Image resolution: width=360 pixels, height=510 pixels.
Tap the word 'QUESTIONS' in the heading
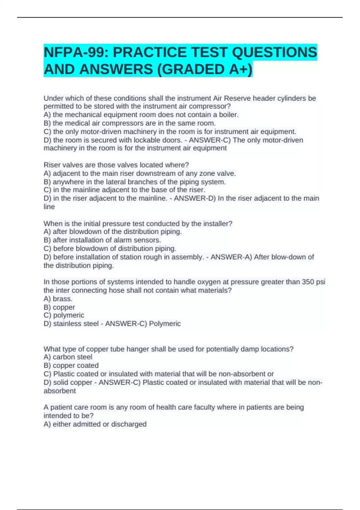[x=274, y=52]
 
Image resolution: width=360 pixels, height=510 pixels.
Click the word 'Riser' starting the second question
[x=51, y=165]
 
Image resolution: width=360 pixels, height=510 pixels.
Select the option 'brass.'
[x=62, y=299]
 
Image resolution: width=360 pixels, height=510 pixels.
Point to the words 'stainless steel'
[x=76, y=324]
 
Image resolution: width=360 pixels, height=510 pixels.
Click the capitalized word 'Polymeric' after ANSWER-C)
[x=165, y=324]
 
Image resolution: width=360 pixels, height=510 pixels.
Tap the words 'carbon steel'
[x=72, y=357]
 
